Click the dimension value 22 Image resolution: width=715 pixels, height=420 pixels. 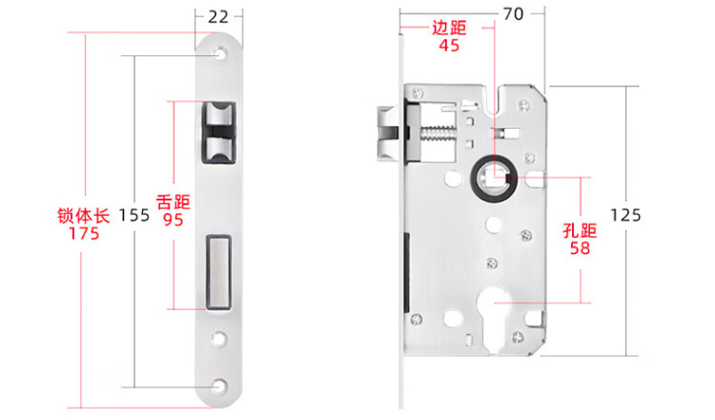218,17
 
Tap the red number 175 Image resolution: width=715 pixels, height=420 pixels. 84,233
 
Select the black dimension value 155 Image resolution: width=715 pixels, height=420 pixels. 134,215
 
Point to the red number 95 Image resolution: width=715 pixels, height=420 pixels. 174,220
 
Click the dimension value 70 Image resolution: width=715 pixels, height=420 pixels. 514,14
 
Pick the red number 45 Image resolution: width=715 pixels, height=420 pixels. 449,45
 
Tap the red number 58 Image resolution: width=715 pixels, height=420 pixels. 580,248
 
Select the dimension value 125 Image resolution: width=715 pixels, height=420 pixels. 625,215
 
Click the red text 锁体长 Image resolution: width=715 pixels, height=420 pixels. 84,216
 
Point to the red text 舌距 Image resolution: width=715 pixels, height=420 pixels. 174,201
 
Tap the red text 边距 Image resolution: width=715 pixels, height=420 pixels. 449,28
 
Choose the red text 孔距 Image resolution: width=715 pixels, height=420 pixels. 580,230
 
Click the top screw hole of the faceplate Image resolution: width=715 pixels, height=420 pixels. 220,54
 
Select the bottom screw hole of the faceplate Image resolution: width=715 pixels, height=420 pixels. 220,387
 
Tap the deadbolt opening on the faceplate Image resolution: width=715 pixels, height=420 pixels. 218,273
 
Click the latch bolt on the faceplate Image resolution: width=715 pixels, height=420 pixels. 218,133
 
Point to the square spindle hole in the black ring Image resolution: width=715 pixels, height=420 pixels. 495,178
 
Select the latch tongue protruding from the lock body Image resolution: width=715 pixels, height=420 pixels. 388,134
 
